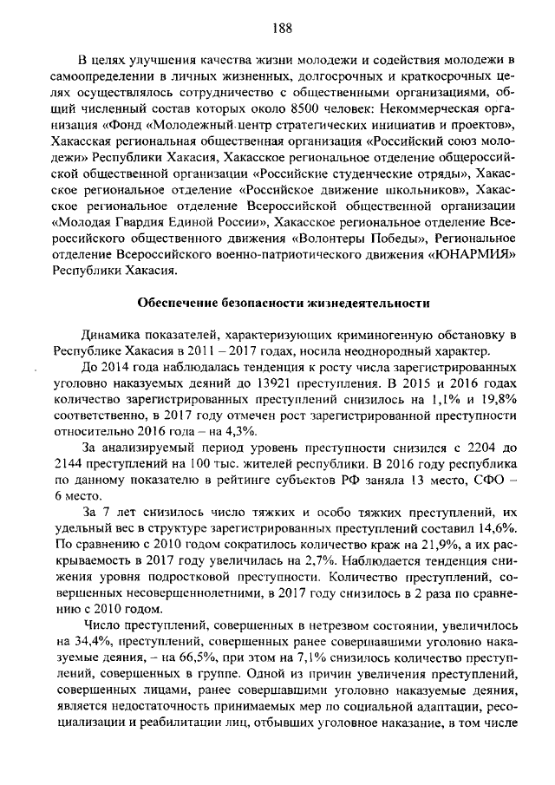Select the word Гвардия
(x=122, y=222)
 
